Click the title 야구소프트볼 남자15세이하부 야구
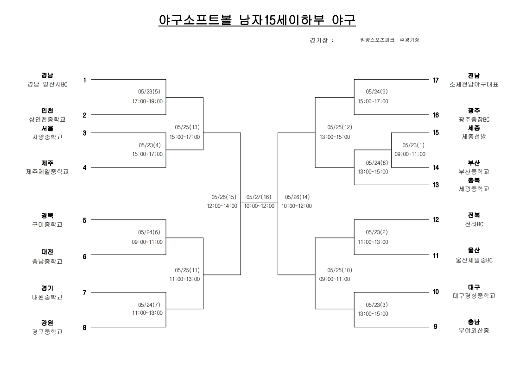257,20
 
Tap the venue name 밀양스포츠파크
377,40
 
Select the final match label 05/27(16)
259,197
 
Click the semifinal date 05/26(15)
224,197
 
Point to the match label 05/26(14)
298,197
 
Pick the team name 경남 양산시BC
47,85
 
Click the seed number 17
436,80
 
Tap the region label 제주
47,163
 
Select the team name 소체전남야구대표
474,85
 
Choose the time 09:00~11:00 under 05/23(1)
410,154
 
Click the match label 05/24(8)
377,163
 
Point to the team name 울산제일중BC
474,261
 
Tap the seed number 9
436,327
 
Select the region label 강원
47,323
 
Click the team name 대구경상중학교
474,296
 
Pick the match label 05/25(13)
187,127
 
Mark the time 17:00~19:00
147,101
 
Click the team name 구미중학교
47,224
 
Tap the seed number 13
436,185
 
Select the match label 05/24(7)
149,305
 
